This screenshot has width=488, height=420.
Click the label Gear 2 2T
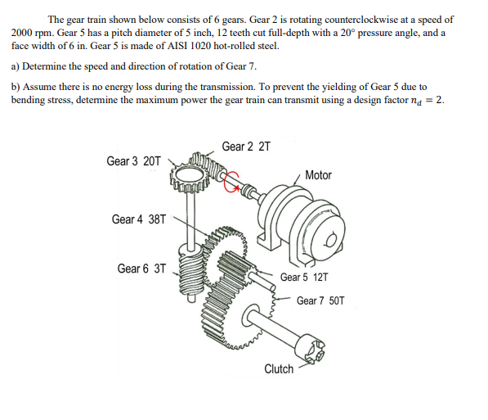pyautogui.click(x=245, y=147)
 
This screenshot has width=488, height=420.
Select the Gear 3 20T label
pyautogui.click(x=134, y=160)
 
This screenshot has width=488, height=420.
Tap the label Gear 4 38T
pyautogui.click(x=139, y=219)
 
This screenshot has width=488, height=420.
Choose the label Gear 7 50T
pyautogui.click(x=320, y=300)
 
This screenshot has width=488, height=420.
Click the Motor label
pyautogui.click(x=318, y=175)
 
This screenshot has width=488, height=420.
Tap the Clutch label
pyautogui.click(x=279, y=369)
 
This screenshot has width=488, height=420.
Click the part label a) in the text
pyautogui.click(x=16, y=66)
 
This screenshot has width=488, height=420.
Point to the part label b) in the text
pyautogui.click(x=16, y=86)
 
